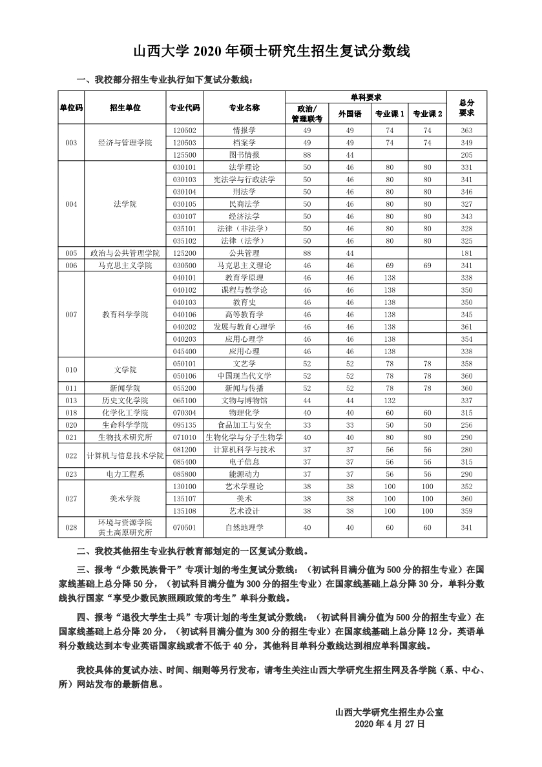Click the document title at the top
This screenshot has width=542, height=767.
pyautogui.click(x=271, y=52)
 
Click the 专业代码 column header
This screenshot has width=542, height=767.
pyautogui.click(x=185, y=108)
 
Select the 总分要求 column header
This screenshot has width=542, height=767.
pyautogui.click(x=466, y=108)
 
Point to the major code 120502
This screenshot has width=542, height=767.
pyautogui.click(x=185, y=131)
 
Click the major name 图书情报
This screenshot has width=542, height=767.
pyautogui.click(x=244, y=155)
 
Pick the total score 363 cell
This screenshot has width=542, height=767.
pyautogui.click(x=466, y=131)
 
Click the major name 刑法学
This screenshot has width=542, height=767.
pyautogui.click(x=244, y=192)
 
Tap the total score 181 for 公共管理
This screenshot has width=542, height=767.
pyautogui.click(x=466, y=253)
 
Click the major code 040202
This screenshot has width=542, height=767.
pyautogui.click(x=185, y=327)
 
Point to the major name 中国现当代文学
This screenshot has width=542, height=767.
pyautogui.click(x=244, y=376)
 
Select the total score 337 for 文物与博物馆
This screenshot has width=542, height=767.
pyautogui.click(x=466, y=401)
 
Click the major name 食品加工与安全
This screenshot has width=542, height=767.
pyautogui.click(x=244, y=425)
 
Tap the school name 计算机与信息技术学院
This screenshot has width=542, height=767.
pyautogui.click(x=125, y=456)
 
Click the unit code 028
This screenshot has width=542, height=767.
pyautogui.click(x=71, y=527)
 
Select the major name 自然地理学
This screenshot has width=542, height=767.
pyautogui.click(x=244, y=527)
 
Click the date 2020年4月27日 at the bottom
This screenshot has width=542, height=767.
pyautogui.click(x=390, y=725)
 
